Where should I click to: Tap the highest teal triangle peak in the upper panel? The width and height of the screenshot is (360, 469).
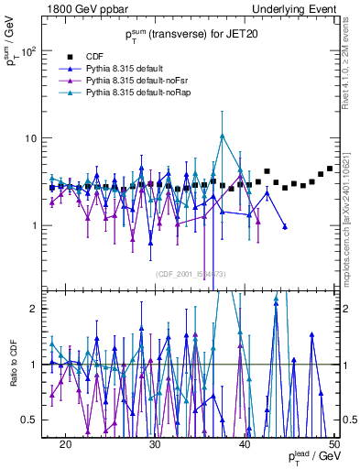pyautogui.click(x=222, y=136)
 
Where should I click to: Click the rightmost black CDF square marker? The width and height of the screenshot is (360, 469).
pyautogui.click(x=330, y=169)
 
